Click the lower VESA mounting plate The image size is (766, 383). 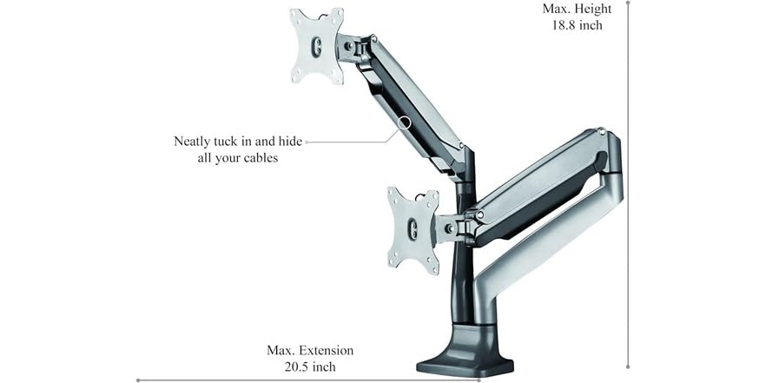[x=413, y=229]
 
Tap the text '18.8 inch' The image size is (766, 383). [x=577, y=25]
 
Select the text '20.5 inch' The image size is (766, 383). [x=310, y=367]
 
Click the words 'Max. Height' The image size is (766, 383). [x=577, y=9]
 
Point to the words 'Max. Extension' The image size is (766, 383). [x=310, y=351]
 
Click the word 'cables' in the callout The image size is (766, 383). [x=259, y=158]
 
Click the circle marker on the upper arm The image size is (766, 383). [x=405, y=123]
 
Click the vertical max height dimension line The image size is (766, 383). [x=627, y=191]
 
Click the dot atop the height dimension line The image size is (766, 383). [x=627, y=3]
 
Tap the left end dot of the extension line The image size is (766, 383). [x=138, y=380]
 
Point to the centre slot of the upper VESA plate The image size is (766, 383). [x=316, y=47]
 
